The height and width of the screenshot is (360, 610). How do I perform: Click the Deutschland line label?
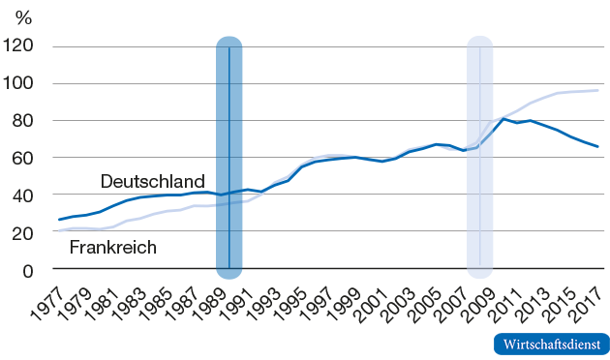coord(152,181)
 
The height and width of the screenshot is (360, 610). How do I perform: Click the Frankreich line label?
coord(113,247)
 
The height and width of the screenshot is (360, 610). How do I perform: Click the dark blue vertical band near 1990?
coord(229,155)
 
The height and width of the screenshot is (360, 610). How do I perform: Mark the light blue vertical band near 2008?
coord(480,155)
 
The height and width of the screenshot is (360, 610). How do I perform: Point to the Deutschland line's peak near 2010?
coord(504,118)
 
